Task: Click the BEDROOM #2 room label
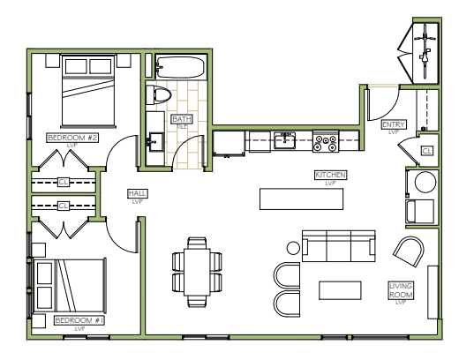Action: coord(72,138)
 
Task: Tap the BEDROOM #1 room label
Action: coord(79,320)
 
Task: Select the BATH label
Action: coord(182,119)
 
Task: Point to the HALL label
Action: coord(138,193)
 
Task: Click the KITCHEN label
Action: coord(330,175)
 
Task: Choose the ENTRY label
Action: coord(394,124)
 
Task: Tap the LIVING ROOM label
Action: coord(401,290)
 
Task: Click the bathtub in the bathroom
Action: coord(180,67)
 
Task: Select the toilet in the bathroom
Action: coord(158,94)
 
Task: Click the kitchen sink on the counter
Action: coord(284,141)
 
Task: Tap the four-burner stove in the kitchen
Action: coord(326,141)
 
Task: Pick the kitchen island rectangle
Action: coord(301,199)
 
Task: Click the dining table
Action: coord(197,273)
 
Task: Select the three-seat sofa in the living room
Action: coord(339,246)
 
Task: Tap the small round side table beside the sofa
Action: coord(293,248)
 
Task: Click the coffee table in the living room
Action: coord(340,290)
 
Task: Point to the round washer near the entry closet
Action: coord(425,182)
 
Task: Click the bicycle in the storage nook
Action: coord(425,51)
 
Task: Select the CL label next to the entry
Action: coord(427,151)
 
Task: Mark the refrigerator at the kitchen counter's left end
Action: coord(229,143)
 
